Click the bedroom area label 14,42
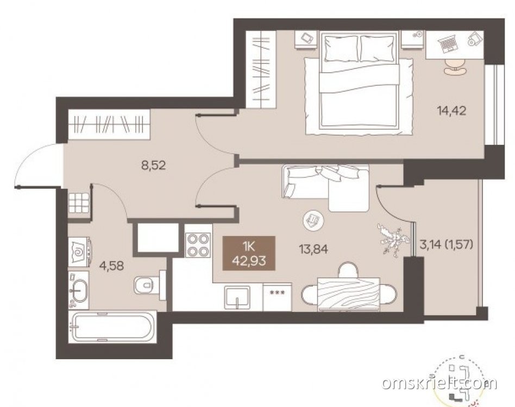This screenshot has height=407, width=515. click(451, 111)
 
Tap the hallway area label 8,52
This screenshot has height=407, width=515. click(153, 166)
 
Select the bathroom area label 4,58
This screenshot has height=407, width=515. click(112, 266)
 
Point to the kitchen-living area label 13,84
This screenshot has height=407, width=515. click(313, 250)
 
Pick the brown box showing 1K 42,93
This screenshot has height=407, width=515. click(249, 253)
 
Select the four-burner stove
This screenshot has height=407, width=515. click(198, 245)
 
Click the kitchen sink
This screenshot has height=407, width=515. click(237, 297)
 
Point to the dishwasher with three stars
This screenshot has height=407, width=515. click(277, 297)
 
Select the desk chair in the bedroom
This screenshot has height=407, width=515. click(455, 67)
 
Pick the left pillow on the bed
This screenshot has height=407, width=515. click(341, 48)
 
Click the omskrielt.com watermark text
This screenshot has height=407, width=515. click(440, 383)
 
